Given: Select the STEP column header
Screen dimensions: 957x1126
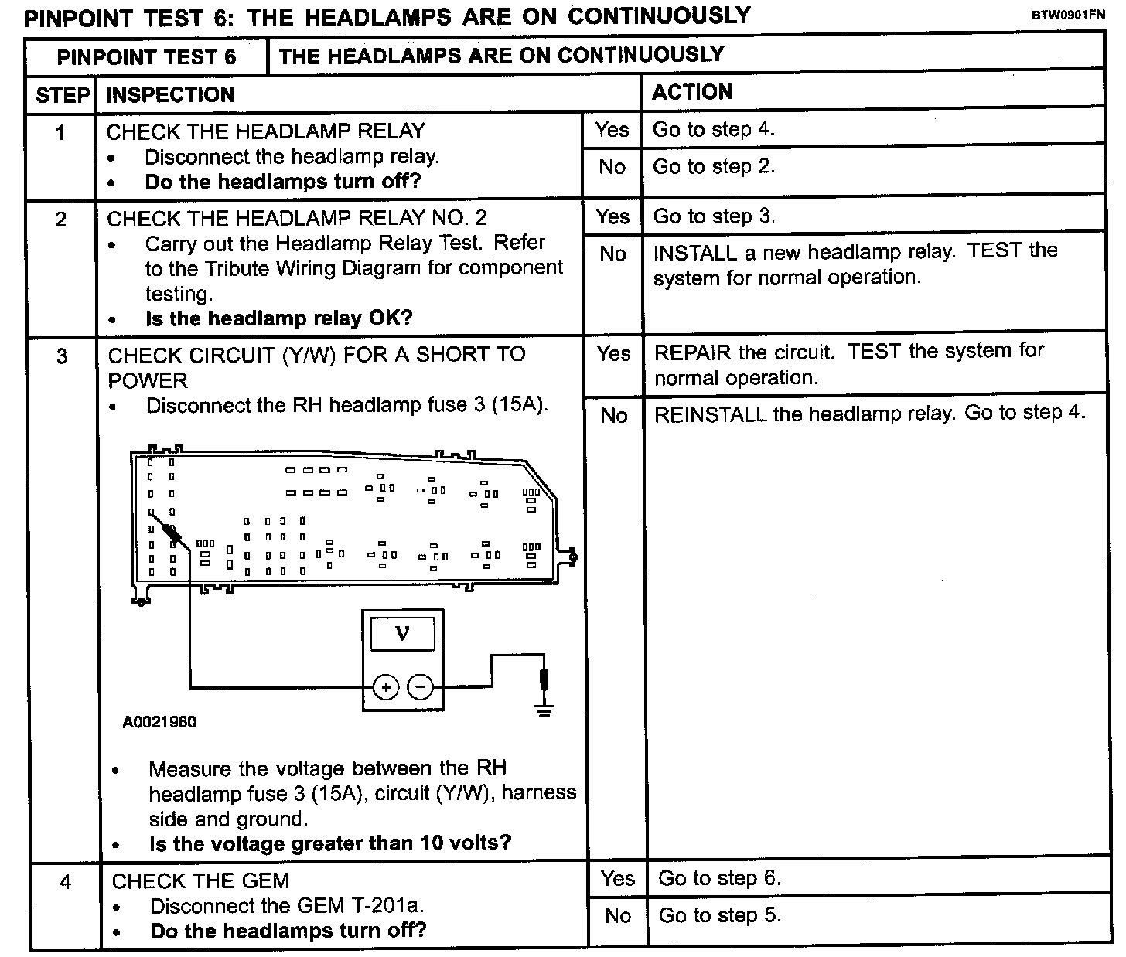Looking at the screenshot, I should click(62, 95).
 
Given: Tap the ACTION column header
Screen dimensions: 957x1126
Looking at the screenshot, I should click(691, 93).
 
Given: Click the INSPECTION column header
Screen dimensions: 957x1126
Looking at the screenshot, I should click(170, 95).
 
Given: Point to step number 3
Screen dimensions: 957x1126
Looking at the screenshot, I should click(62, 356).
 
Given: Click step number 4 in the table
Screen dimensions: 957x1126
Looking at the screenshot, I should click(66, 881).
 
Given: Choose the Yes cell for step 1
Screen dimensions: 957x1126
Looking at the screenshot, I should click(612, 130).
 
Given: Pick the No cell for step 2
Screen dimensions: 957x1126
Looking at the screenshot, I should click(612, 254).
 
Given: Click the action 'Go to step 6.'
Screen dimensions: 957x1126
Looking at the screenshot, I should click(719, 878).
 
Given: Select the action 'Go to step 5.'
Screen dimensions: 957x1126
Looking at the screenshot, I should click(719, 915).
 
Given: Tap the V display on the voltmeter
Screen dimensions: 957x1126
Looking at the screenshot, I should click(402, 635).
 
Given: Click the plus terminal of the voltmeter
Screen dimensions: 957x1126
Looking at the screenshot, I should click(386, 686).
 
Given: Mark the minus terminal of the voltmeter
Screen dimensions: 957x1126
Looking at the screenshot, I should click(420, 686).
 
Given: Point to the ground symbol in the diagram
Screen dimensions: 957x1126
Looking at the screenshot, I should click(545, 709).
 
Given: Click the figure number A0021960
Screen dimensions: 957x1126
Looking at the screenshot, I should click(159, 722).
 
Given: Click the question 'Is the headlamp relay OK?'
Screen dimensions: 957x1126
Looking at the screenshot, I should click(278, 318).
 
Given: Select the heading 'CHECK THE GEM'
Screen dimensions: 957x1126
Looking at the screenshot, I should click(200, 881).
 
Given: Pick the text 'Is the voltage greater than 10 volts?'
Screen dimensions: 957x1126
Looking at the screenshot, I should click(330, 843).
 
